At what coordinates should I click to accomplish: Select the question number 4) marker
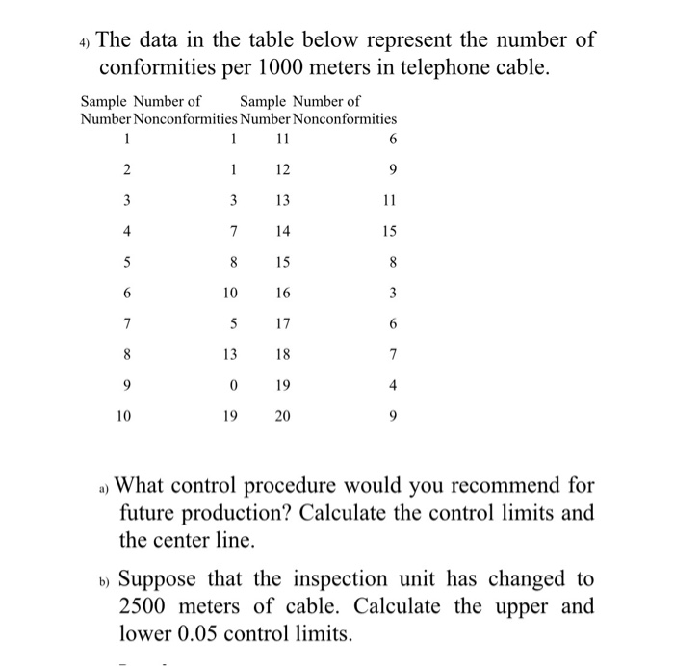coord(84,42)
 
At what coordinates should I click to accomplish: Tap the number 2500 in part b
coord(148,608)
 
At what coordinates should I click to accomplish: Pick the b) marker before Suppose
coord(105,581)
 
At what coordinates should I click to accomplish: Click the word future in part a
coord(150,512)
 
